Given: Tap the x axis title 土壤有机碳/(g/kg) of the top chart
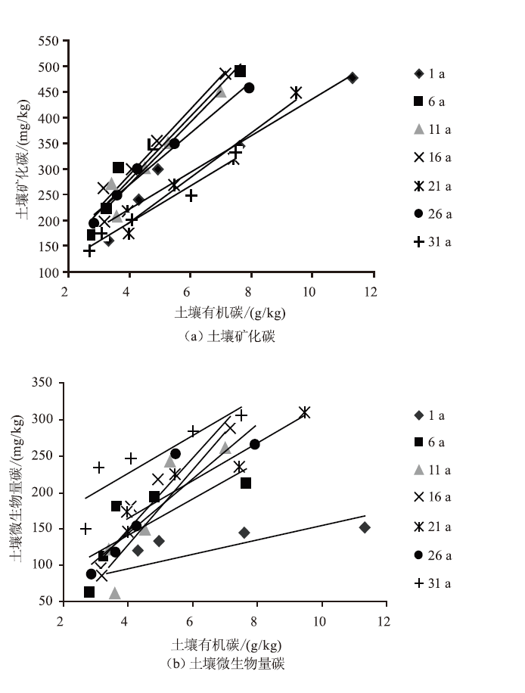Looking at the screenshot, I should point(225,312).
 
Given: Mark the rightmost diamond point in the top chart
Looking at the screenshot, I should point(353,78).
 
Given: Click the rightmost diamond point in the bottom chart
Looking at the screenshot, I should point(365,527).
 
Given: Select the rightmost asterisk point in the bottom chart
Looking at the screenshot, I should point(304,412).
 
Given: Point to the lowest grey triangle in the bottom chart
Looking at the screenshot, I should point(115,593).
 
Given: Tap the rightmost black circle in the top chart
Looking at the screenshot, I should point(249,88).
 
